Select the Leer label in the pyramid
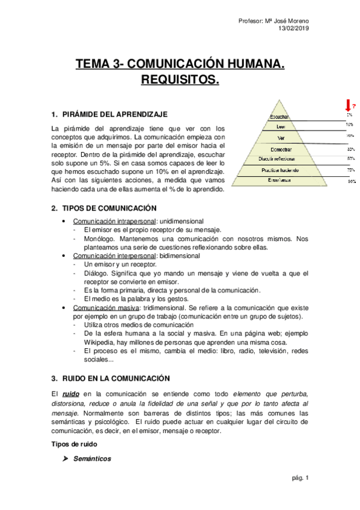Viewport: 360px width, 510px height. pos(281,126)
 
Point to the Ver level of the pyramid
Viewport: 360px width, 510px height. pos(281,137)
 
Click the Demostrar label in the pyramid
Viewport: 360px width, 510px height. pos(281,148)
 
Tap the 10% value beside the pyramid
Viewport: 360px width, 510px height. pos(349,124)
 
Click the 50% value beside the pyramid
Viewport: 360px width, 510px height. pos(350,159)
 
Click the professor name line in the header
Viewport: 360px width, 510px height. pos(277,22)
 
